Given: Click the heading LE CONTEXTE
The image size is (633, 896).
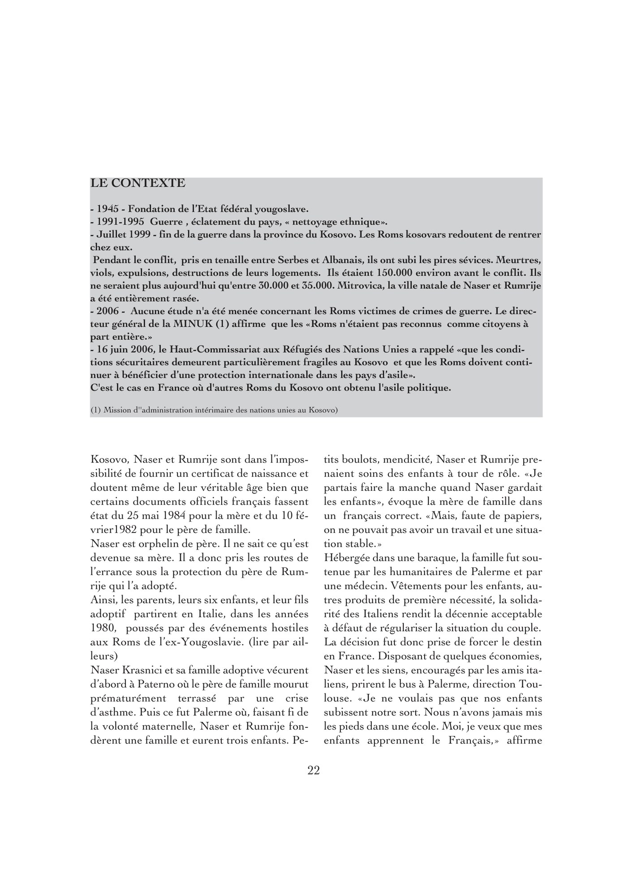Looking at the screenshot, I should point(138,183).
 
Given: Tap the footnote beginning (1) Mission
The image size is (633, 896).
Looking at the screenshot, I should point(214,410).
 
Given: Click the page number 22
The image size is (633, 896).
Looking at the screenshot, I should point(314,770).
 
